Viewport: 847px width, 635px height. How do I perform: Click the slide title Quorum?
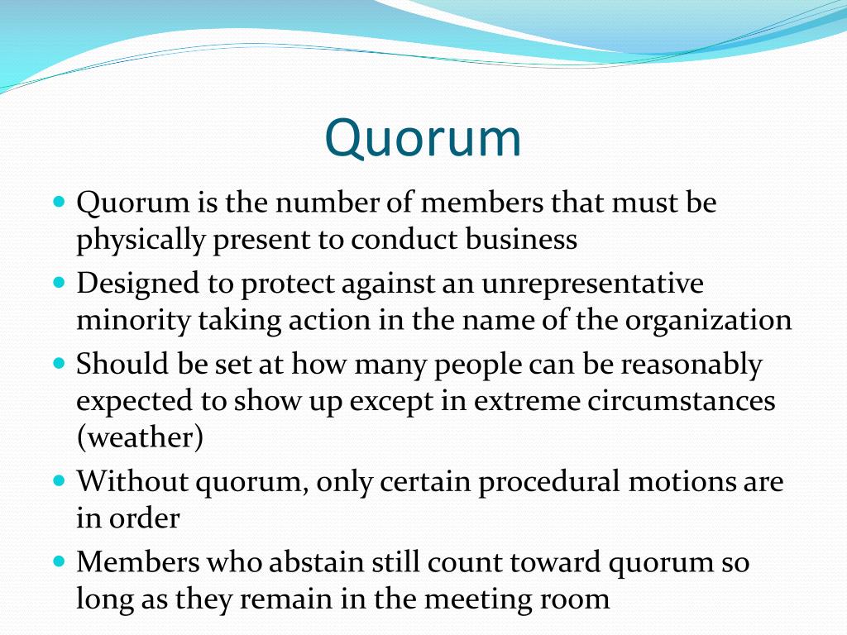[x=423, y=138]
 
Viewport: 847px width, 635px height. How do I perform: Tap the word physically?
[x=140, y=240]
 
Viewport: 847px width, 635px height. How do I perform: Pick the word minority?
[x=133, y=320]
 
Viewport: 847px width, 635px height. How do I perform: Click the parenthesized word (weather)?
[x=140, y=437]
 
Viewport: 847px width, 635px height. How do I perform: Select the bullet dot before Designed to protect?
[x=59, y=282]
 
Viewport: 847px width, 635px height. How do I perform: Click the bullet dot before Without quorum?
[x=59, y=480]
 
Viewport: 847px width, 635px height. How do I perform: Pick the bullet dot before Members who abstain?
[x=59, y=560]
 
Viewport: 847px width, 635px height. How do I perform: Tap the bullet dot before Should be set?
[x=59, y=362]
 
